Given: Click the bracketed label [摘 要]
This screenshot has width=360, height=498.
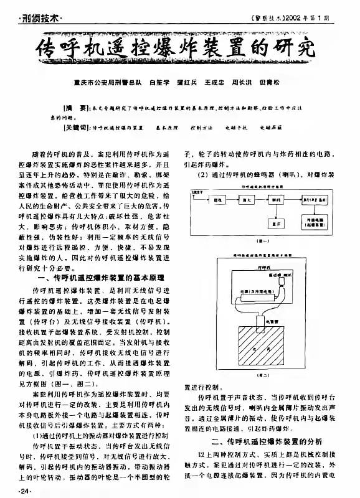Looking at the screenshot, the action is click(76, 107).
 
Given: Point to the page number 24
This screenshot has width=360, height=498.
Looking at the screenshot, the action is click(24, 492).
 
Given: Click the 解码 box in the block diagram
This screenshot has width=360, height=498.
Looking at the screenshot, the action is click(273, 200).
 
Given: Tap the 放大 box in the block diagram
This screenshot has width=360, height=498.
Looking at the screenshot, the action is click(245, 200).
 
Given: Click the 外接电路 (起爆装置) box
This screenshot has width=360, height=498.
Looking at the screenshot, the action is click(317, 222).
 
